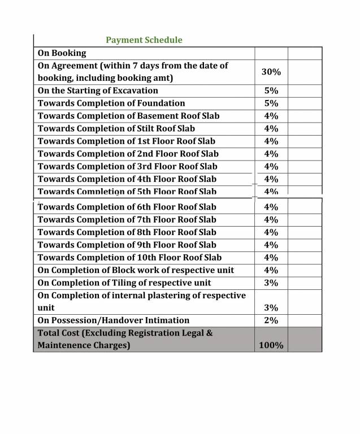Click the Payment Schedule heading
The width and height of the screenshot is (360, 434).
pyautogui.click(x=144, y=40)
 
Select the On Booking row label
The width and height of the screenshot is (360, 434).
pyautogui.click(x=62, y=53)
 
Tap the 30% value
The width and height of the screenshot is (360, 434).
pyautogui.click(x=271, y=72)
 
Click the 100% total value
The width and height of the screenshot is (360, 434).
pyautogui.click(x=271, y=345)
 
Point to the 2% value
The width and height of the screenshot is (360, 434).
pyautogui.click(x=271, y=320)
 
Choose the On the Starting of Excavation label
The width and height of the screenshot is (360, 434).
pyautogui.click(x=98, y=90)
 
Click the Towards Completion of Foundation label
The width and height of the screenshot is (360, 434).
pyautogui.click(x=111, y=103)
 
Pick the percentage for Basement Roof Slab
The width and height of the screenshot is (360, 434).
pyautogui.click(x=271, y=116)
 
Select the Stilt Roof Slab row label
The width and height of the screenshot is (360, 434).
pyautogui.click(x=116, y=128)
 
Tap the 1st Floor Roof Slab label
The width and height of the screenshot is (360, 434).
pyautogui.click(x=127, y=141)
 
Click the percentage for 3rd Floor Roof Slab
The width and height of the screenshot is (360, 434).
pyautogui.click(x=271, y=167)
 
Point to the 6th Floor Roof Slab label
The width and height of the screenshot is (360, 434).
pyautogui.click(x=127, y=207)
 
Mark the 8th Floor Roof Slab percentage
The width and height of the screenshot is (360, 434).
pyautogui.click(x=271, y=232)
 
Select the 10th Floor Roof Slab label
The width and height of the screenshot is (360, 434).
pyautogui.click(x=129, y=258)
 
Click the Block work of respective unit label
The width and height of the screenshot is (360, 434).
pyautogui.click(x=136, y=270)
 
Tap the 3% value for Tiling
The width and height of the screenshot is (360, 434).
pyautogui.click(x=271, y=283)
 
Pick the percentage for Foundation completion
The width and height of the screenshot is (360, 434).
pyautogui.click(x=271, y=103)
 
